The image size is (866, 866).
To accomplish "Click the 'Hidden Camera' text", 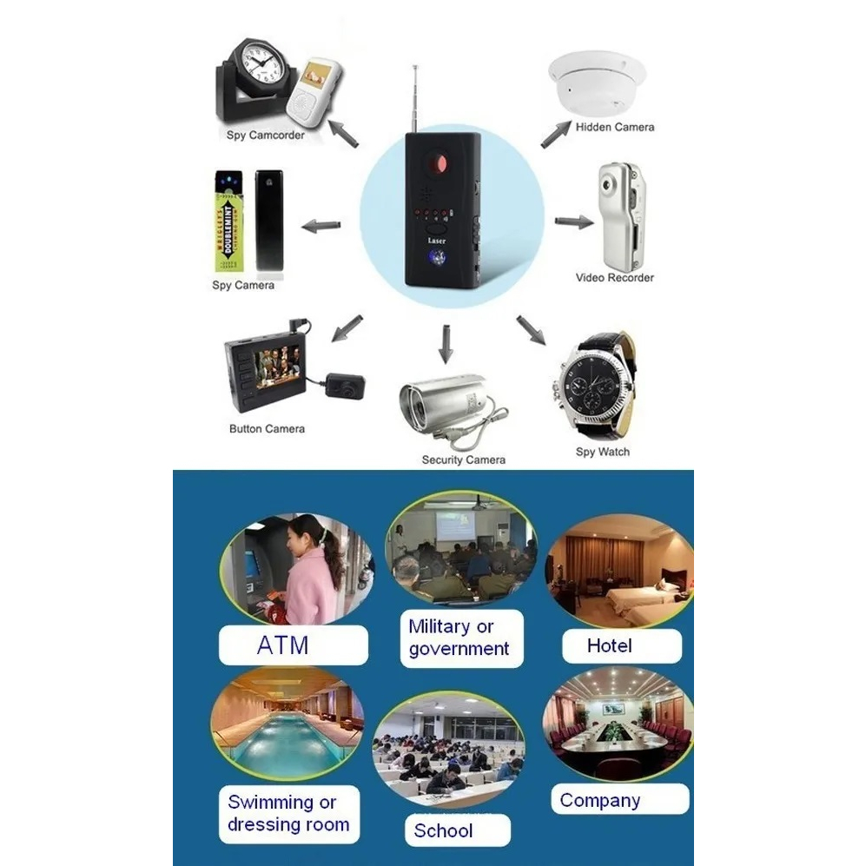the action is (x=614, y=127).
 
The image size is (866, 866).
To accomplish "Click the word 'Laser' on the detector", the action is (x=437, y=240).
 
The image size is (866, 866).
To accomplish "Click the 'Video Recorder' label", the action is (x=614, y=278).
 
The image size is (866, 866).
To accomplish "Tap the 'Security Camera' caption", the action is (x=463, y=459).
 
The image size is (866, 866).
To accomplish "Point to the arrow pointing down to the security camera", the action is (x=446, y=344).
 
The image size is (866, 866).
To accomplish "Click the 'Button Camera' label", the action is (x=267, y=428).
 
